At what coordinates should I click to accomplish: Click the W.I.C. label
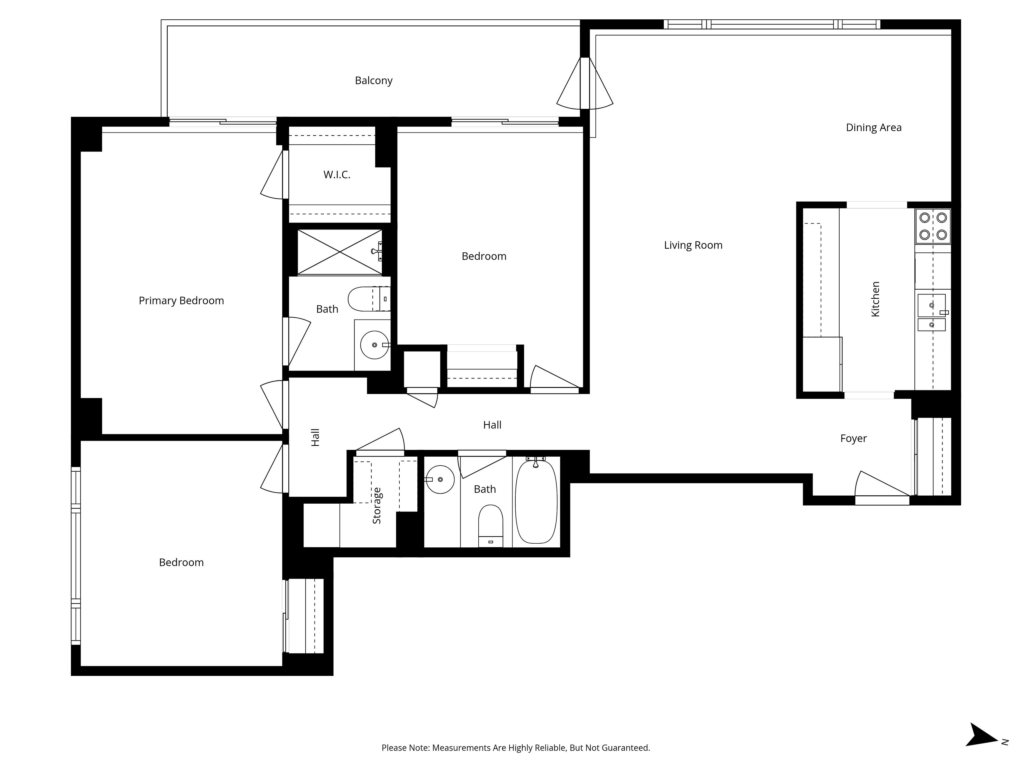tap(336, 175)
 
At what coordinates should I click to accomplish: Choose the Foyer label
tap(853, 439)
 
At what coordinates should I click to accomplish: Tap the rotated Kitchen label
tap(875, 299)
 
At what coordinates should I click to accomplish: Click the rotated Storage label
tap(377, 505)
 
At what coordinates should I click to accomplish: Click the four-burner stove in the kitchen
tap(933, 226)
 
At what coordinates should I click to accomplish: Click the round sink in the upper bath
tap(375, 345)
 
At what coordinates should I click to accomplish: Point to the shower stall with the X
tap(340, 252)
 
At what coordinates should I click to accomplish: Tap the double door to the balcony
tap(585, 84)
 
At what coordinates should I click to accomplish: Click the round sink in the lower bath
tap(440, 479)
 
